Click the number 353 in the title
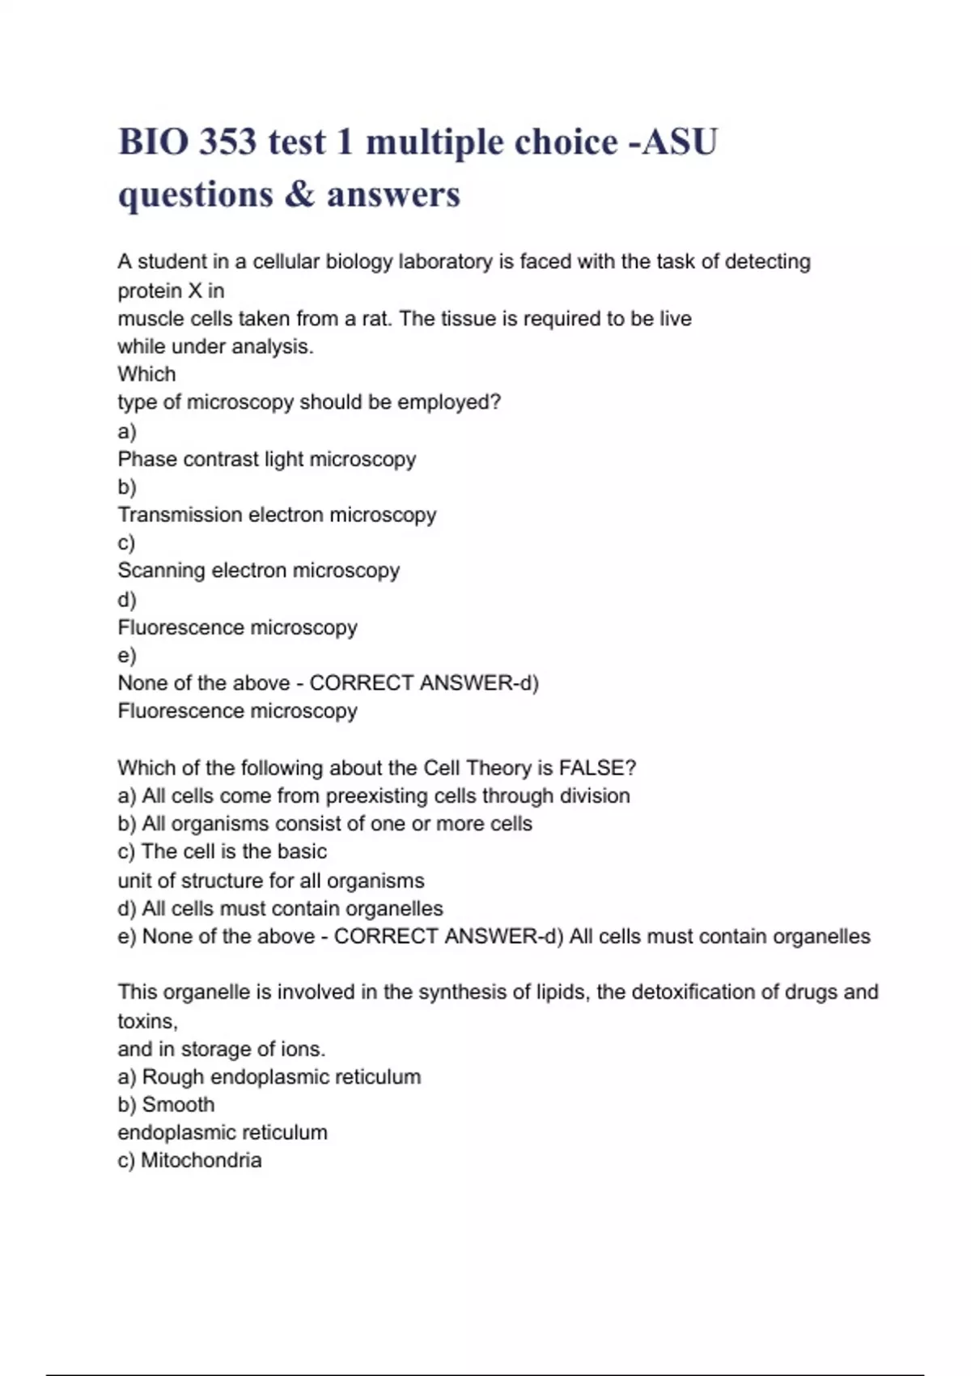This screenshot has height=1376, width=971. (x=228, y=142)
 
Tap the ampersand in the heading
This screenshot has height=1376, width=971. (x=299, y=194)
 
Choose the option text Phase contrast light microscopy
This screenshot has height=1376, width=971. (x=267, y=459)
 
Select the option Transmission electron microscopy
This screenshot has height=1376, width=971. (x=277, y=515)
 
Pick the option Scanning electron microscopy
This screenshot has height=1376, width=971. (x=259, y=571)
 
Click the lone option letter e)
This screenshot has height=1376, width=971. (x=127, y=655)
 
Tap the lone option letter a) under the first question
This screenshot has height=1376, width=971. (x=127, y=431)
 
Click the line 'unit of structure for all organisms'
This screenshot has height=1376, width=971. (x=271, y=881)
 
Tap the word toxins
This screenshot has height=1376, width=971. (x=147, y=1021)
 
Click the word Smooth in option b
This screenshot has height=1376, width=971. (x=178, y=1105)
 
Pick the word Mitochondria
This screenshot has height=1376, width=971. (x=201, y=1161)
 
